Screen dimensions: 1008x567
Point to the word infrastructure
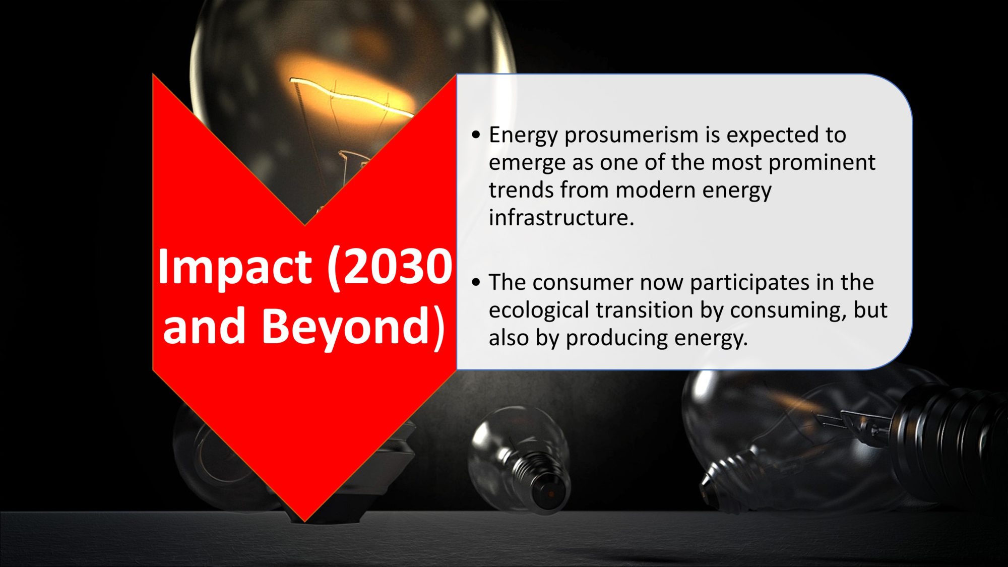point(561,217)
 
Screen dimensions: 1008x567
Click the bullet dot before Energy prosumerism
point(476,136)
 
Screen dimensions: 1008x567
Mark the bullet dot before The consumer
point(476,283)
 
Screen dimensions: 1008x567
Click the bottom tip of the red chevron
point(305,521)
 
